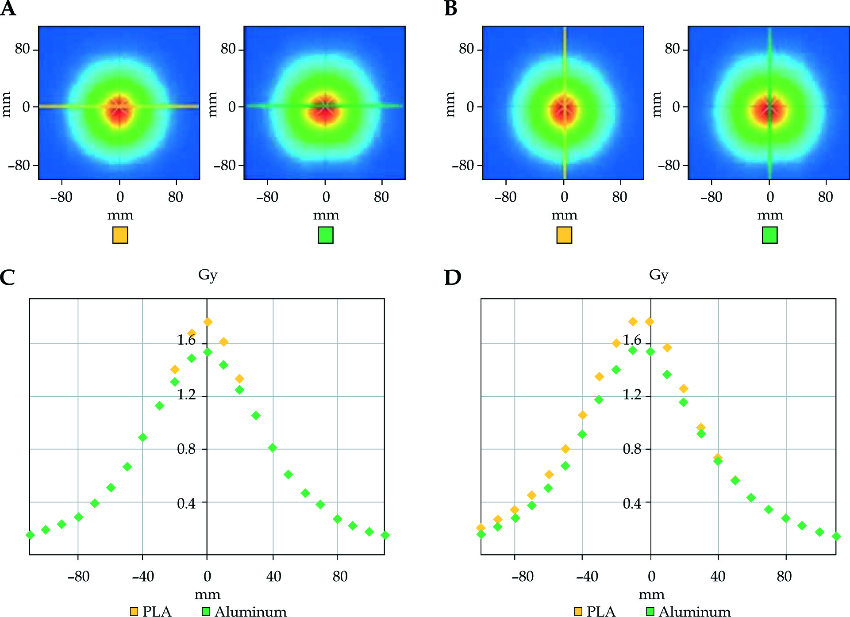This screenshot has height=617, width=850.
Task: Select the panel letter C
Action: pos(8,278)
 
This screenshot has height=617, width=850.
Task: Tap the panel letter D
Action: pos(452,278)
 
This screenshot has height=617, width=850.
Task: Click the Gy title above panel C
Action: pos(208,275)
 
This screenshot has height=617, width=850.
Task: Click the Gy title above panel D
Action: pos(658,275)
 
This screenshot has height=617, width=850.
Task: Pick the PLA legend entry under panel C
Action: pos(150,611)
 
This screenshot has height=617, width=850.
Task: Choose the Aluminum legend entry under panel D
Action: pos(688,611)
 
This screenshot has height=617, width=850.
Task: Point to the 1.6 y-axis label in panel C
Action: pos(186,340)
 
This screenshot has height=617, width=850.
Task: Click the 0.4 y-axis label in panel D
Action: pos(632,503)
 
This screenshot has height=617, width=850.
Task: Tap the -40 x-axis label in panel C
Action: pos(143,576)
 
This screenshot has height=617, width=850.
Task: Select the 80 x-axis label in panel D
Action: pos(784,576)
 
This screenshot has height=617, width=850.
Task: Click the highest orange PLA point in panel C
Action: pos(208,322)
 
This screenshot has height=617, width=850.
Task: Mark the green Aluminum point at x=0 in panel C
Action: pos(208,352)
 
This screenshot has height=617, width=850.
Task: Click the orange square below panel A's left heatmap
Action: pos(120,235)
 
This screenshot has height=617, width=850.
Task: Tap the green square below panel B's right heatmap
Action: pos(770,235)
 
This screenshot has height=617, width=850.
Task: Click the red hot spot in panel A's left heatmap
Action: pos(119,109)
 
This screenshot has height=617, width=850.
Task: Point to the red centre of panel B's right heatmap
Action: pos(769,109)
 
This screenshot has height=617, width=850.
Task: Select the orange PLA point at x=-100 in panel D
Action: pos(481,528)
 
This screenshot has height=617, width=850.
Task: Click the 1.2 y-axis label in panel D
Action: pos(632,394)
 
